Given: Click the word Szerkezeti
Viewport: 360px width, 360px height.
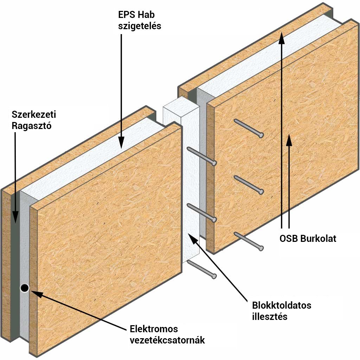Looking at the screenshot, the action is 34,114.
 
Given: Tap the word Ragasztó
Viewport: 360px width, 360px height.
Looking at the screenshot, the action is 31,126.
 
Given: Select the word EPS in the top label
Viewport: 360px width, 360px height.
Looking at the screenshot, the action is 126,15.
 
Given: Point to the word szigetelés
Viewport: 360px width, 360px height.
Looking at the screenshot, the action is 140,26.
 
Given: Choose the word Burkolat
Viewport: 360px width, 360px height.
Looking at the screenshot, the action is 318,239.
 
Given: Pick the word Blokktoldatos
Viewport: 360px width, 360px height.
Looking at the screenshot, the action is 282,306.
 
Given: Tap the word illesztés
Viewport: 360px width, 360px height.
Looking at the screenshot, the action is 270,317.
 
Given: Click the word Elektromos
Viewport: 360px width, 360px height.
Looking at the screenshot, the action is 154,329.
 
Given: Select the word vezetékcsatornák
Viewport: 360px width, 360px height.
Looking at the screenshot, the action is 167,340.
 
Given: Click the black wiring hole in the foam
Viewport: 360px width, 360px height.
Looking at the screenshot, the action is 25,288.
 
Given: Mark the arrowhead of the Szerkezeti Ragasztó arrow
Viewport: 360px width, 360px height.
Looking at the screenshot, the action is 15,217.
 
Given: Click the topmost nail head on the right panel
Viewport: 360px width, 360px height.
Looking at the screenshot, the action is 261,135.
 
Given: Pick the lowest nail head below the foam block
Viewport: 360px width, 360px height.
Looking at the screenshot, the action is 214,276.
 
